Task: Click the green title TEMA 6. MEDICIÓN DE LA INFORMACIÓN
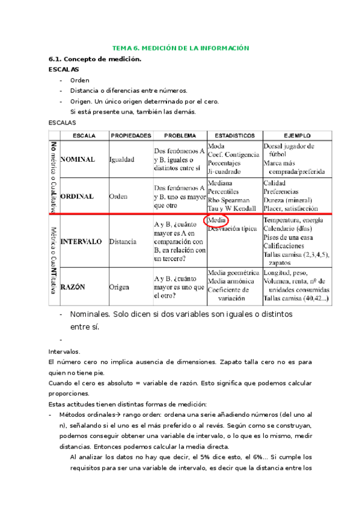click(x=180, y=48)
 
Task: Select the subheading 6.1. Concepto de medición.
click(x=94, y=59)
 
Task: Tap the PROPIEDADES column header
click(x=130, y=135)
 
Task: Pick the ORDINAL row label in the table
click(x=77, y=196)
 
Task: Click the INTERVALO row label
click(x=81, y=242)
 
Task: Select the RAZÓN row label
click(x=72, y=287)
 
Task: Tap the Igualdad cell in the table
click(x=126, y=160)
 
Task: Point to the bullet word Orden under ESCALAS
click(x=79, y=80)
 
